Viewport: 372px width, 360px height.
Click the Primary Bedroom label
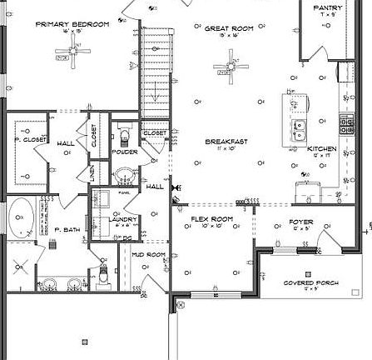tap(72, 25)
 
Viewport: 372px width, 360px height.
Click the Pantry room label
tap(328, 7)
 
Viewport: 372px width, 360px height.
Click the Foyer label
tap(300, 222)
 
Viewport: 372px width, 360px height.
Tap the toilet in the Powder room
tap(125, 133)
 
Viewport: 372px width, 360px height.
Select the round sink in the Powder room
tap(124, 175)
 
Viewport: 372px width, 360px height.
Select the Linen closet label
tap(93, 173)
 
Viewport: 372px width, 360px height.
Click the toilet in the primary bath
tap(104, 272)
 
